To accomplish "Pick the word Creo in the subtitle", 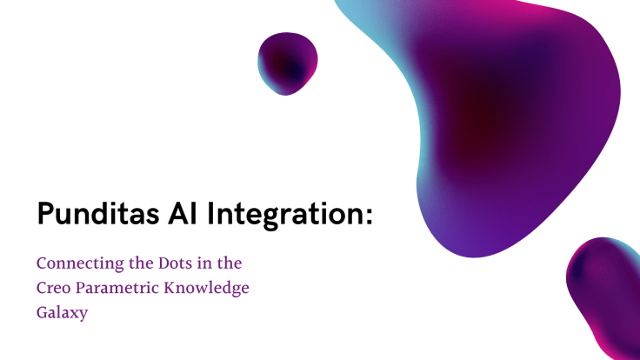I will (54, 288).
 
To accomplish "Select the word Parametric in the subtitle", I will (123, 288).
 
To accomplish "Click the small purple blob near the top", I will (288, 63).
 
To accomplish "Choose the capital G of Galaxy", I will (42, 313).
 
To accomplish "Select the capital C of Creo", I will (41, 288).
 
